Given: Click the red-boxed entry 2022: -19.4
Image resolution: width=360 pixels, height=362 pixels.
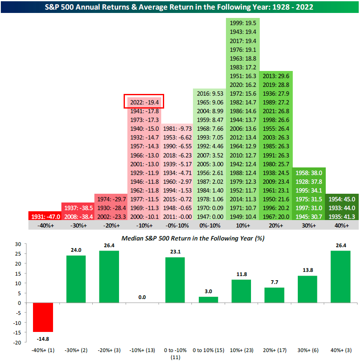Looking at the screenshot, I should point(143,101).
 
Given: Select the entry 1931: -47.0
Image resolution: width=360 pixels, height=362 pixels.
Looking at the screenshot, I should point(45,216).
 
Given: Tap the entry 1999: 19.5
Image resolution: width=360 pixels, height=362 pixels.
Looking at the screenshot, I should point(243,23).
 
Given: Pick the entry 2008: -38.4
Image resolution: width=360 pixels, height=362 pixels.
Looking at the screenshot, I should point(78,216).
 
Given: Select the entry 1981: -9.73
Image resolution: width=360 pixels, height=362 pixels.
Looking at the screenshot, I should point(177,129).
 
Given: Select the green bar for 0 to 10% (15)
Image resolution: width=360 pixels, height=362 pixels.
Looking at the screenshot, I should point(208,300).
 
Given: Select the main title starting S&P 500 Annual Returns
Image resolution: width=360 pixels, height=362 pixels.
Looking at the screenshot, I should point(180,7).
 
